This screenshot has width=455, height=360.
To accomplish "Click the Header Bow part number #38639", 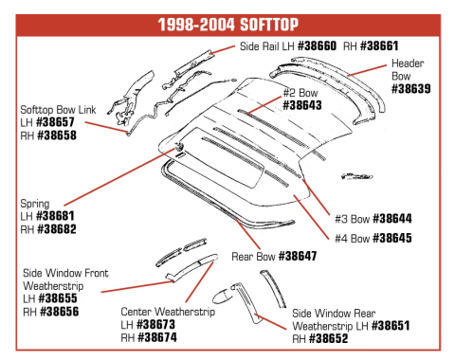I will (x=411, y=90).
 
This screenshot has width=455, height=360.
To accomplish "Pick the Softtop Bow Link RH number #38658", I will (x=56, y=136).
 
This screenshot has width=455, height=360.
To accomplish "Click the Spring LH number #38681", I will (x=55, y=216).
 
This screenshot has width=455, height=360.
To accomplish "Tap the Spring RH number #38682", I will (x=56, y=229).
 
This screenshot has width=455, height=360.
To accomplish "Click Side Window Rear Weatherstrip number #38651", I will (x=396, y=325).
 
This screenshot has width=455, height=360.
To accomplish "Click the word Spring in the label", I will (x=35, y=203).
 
